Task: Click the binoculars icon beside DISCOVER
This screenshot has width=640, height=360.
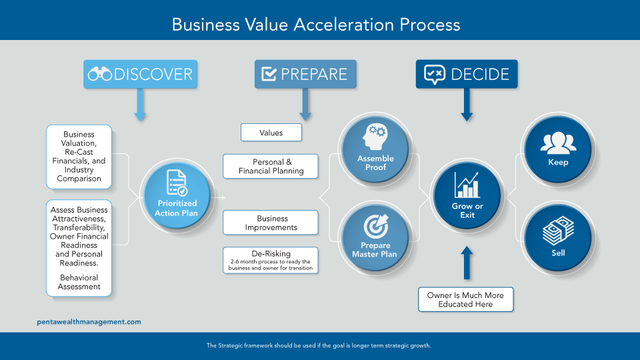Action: [99, 74]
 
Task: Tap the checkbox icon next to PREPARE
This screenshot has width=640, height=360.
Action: [269, 74]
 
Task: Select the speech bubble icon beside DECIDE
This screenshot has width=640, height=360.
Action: [434, 74]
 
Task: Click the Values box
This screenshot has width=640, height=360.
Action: [271, 133]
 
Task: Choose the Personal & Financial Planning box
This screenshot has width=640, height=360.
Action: [271, 166]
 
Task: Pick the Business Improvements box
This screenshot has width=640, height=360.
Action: [271, 223]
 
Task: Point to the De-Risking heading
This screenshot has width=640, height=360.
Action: [271, 253]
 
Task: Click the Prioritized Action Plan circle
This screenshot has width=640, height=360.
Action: [177, 196]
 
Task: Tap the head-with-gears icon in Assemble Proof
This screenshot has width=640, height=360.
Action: [374, 136]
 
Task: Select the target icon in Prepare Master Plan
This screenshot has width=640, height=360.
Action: [376, 226]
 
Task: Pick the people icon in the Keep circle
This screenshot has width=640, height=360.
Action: [559, 142]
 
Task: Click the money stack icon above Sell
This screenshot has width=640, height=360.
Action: [558, 231]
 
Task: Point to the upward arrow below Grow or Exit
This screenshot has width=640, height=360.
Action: [467, 263]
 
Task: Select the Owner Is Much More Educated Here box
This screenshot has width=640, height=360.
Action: [466, 299]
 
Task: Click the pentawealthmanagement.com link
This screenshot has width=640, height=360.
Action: [89, 321]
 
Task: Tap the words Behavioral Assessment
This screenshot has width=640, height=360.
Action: [79, 282]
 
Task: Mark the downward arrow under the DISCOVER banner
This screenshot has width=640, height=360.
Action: [140, 105]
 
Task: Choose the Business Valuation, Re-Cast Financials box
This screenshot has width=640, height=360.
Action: [79, 157]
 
